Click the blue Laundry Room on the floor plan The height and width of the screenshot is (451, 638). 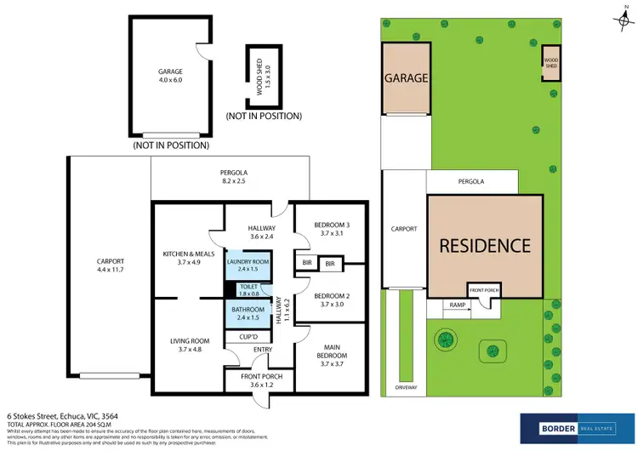coord(248,267)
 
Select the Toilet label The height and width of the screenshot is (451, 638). coord(248,288)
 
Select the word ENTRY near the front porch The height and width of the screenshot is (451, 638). coord(264,349)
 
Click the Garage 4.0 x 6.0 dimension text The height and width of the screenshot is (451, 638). coord(170,79)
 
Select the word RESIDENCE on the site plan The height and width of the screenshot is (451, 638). coord(484,247)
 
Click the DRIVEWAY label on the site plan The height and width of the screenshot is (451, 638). coord(406,388)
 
